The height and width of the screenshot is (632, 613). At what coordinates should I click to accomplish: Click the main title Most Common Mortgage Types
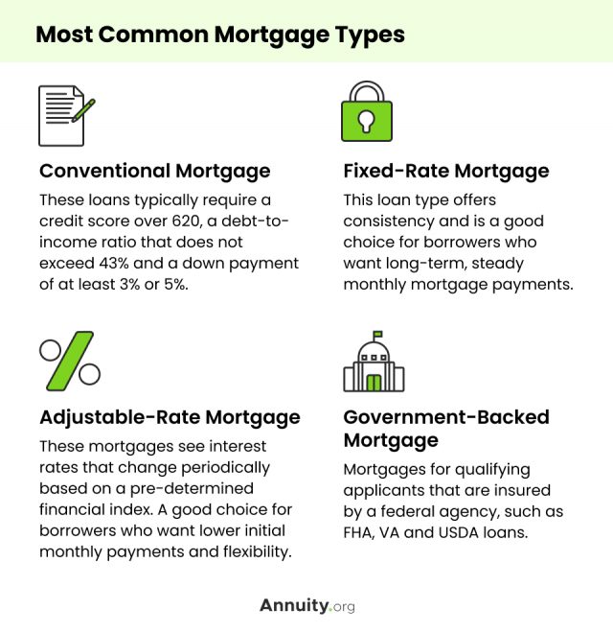pos(220,35)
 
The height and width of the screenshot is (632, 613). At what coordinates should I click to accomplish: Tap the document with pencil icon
pos(66,116)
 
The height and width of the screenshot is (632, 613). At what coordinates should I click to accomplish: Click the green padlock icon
pos(367,111)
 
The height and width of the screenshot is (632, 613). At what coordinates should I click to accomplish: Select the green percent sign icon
pos(70,362)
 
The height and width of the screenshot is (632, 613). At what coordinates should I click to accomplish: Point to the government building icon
pos(374,362)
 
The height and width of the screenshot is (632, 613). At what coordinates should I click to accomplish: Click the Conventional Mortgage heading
pos(155,171)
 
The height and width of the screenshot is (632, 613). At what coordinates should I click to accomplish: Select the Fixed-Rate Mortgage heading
pos(446,171)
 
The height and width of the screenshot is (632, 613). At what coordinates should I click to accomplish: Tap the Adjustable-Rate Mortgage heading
pos(170,417)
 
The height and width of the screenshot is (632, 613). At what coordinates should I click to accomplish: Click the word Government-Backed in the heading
pos(446,417)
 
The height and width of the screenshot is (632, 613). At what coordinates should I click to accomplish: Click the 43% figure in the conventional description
pos(114,263)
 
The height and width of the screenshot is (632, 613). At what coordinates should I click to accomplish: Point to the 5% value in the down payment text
pos(176,285)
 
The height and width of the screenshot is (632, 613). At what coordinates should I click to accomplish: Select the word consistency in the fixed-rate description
pos(389,222)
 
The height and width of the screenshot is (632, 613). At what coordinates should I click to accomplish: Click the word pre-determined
pos(192,488)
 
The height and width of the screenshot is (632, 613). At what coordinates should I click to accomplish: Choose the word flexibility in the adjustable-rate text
pos(258,551)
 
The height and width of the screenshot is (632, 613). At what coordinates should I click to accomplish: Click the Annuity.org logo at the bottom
pos(307,606)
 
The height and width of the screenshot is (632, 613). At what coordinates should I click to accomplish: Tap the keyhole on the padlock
pos(366,122)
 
